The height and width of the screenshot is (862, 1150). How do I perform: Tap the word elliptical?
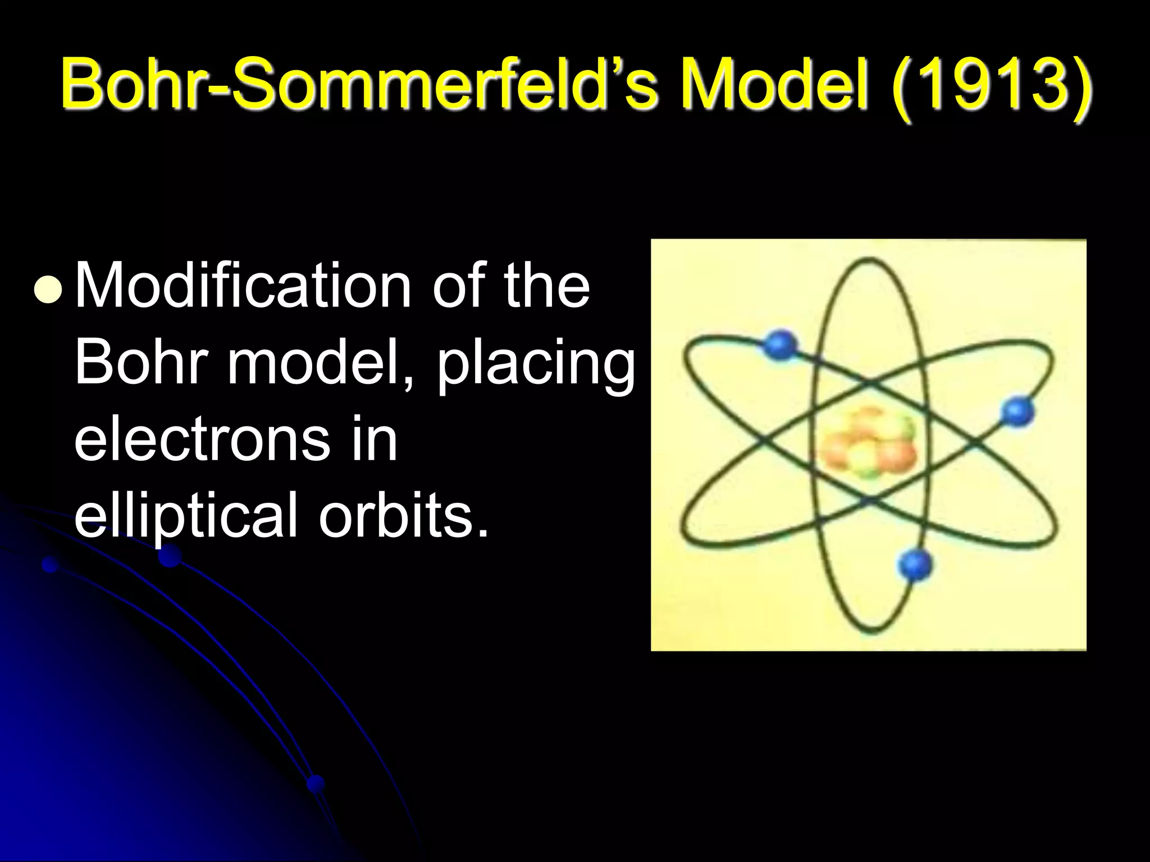[185, 516]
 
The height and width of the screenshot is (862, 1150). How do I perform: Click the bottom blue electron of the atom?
[915, 563]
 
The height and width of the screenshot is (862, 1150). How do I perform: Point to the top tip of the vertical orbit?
[869, 260]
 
